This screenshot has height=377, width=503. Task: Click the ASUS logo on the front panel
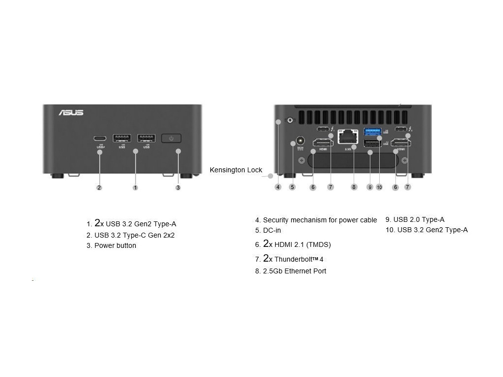(x=71, y=112)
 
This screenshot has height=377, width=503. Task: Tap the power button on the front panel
(x=171, y=138)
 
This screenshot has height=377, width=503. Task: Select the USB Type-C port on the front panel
(x=100, y=138)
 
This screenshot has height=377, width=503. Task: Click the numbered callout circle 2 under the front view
(x=99, y=188)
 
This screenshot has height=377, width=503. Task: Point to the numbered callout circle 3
(x=178, y=188)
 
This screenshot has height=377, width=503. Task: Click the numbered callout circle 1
(x=136, y=188)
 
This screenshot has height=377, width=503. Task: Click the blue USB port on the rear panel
(x=372, y=132)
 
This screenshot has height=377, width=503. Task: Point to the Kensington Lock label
(x=236, y=170)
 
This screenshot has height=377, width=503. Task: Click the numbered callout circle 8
(x=354, y=187)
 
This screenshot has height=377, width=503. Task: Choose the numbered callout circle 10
(x=379, y=187)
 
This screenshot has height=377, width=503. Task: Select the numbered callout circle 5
(x=292, y=187)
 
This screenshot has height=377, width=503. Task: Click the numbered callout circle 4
(x=278, y=187)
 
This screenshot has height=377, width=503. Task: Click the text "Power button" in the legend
(x=115, y=245)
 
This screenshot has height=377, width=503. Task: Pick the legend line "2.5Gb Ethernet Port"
(x=294, y=271)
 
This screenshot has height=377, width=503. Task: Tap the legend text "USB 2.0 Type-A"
(x=419, y=219)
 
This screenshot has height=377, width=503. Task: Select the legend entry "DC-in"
(x=272, y=230)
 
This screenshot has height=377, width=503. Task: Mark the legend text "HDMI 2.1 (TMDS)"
(x=303, y=244)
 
